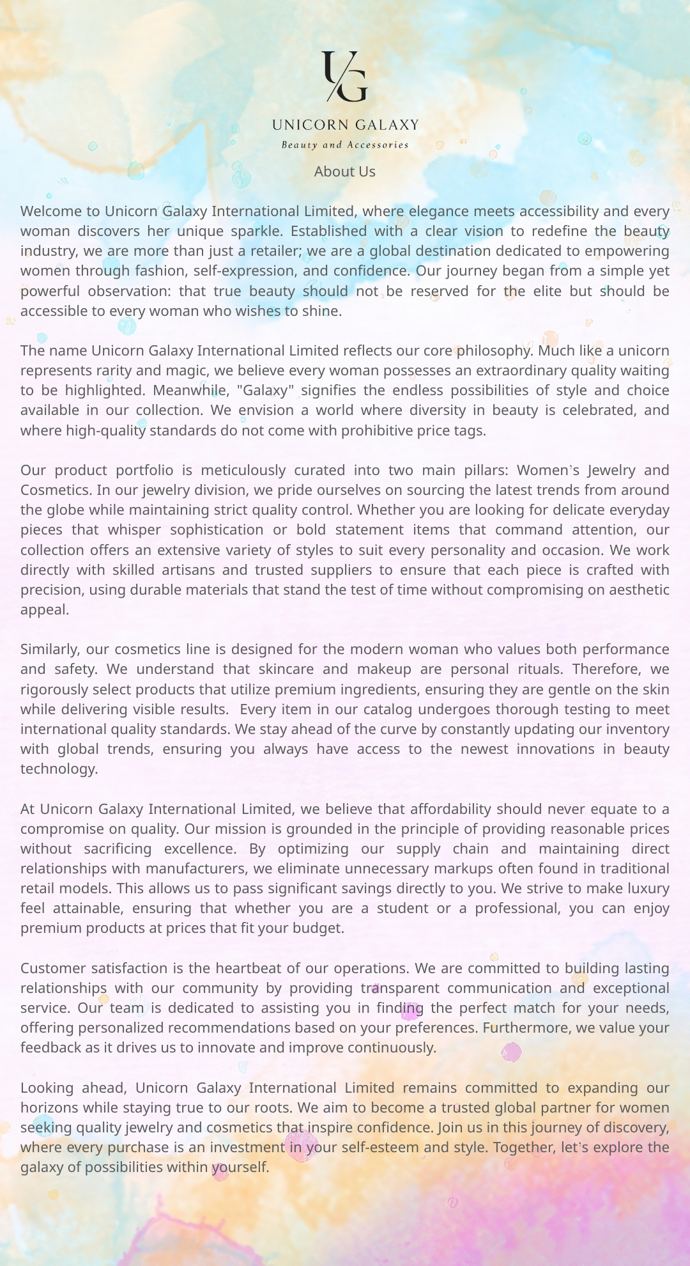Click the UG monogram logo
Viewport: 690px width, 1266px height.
(345, 77)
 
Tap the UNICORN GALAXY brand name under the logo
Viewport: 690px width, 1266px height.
(345, 125)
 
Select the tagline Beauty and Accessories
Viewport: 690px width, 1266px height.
(345, 145)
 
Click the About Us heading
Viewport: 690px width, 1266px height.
(345, 171)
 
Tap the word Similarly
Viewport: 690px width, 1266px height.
(50, 650)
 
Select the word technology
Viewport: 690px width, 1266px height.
(58, 769)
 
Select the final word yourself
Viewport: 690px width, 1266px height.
(240, 1168)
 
